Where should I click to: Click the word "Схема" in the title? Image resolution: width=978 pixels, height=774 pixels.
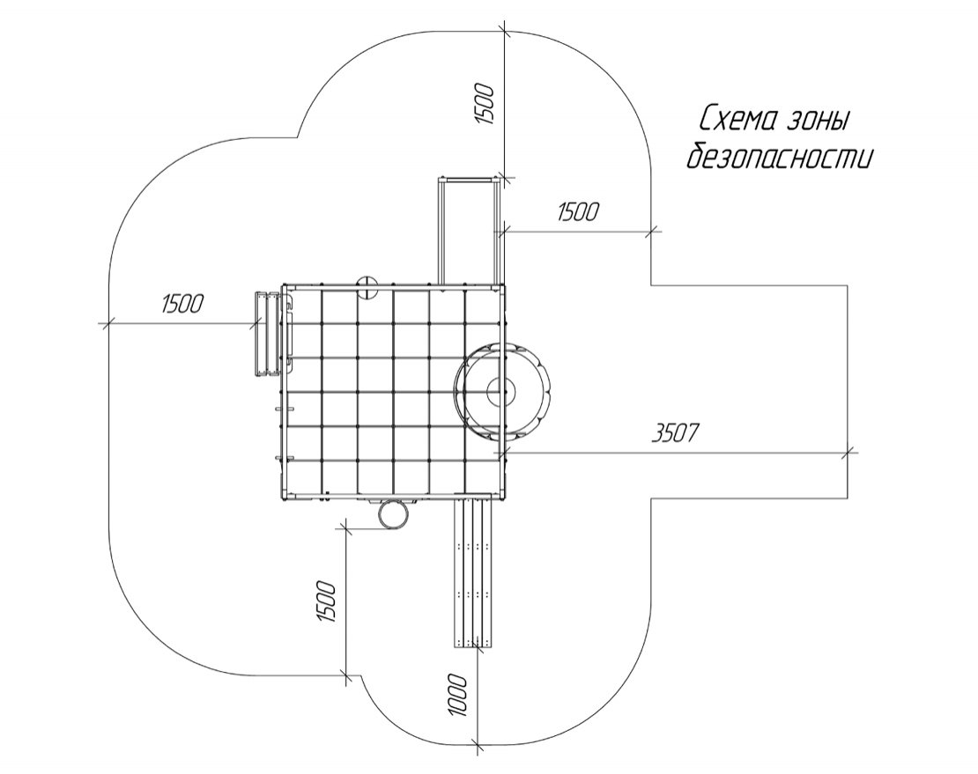[737, 121]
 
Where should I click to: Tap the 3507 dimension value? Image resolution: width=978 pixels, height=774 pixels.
[675, 433]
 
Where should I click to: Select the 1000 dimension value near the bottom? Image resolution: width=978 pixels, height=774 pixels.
[457, 694]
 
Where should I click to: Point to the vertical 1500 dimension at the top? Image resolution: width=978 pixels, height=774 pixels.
[485, 103]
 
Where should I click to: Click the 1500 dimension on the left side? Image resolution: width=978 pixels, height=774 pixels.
[182, 304]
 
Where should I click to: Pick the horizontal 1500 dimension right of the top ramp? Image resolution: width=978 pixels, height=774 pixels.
[578, 212]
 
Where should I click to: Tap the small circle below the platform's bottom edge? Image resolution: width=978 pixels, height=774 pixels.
[394, 514]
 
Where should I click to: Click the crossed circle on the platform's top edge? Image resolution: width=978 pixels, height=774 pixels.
[367, 287]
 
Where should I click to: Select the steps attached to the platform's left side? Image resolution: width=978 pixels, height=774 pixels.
[266, 334]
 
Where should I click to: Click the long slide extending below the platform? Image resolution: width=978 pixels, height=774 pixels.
[473, 571]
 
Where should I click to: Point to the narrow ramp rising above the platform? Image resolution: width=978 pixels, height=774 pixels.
[470, 231]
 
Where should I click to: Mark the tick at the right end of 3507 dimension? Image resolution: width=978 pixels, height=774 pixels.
[847, 453]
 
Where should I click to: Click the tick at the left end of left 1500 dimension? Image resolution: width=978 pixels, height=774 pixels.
[107, 323]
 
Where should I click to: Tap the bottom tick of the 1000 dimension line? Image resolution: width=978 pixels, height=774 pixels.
[478, 744]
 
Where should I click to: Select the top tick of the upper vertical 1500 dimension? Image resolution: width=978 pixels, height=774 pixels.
[504, 31]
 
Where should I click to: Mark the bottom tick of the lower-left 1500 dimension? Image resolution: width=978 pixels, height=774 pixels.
[345, 676]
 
